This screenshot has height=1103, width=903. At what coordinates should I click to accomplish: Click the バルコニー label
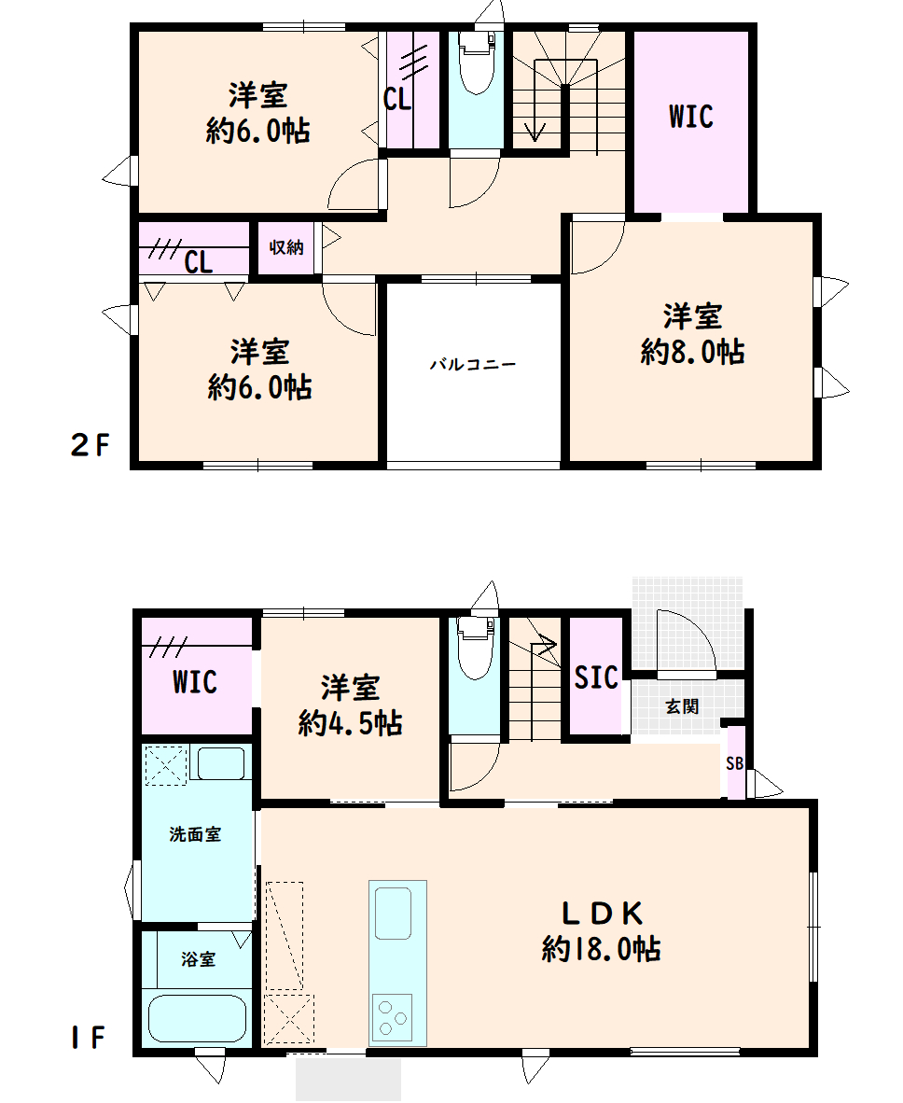click(x=473, y=364)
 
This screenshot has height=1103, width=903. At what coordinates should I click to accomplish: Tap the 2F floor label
click(x=90, y=444)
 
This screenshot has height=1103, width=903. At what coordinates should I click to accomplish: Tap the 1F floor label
click(x=88, y=1038)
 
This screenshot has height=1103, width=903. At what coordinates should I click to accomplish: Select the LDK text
click(x=602, y=913)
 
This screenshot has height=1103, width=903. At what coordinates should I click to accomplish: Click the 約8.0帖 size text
click(x=692, y=352)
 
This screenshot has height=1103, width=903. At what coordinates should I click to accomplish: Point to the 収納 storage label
click(x=286, y=247)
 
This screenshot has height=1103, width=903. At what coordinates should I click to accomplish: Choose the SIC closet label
click(x=596, y=677)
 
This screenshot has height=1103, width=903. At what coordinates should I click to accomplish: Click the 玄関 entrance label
click(x=682, y=706)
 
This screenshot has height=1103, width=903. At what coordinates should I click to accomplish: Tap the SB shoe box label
click(x=735, y=763)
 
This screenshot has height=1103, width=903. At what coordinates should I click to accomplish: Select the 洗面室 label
click(x=196, y=834)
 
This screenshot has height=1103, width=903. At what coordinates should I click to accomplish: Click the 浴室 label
click(x=199, y=958)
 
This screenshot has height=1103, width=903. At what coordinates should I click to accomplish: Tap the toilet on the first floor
click(x=475, y=648)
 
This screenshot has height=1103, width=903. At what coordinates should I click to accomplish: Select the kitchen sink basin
click(x=393, y=913)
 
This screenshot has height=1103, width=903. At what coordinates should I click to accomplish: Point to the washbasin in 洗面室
click(x=221, y=763)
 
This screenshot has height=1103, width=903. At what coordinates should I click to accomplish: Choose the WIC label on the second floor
click(x=690, y=117)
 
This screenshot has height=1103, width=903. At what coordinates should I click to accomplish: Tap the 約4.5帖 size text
click(x=350, y=723)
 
